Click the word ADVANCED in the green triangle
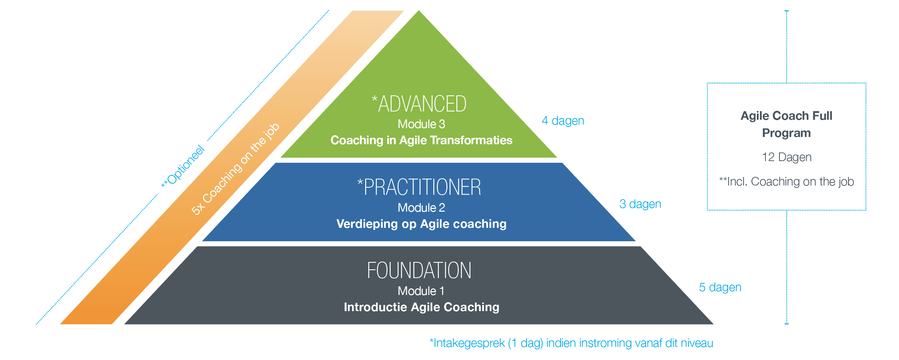[x=422, y=104]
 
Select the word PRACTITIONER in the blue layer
[x=422, y=187]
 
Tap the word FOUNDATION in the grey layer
[x=419, y=271]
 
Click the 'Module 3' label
[x=422, y=124]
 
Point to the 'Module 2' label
[x=422, y=208]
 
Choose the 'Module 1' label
[x=421, y=291]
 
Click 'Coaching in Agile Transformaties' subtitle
[x=422, y=140]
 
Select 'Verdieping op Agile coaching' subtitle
[x=422, y=224]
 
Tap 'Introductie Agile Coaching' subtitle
[x=422, y=307]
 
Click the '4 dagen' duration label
[x=563, y=121]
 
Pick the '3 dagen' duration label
[x=641, y=204]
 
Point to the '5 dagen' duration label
[x=720, y=287]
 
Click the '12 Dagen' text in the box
[x=787, y=157]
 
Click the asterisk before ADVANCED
[x=374, y=99]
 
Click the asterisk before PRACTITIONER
[x=360, y=182]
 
